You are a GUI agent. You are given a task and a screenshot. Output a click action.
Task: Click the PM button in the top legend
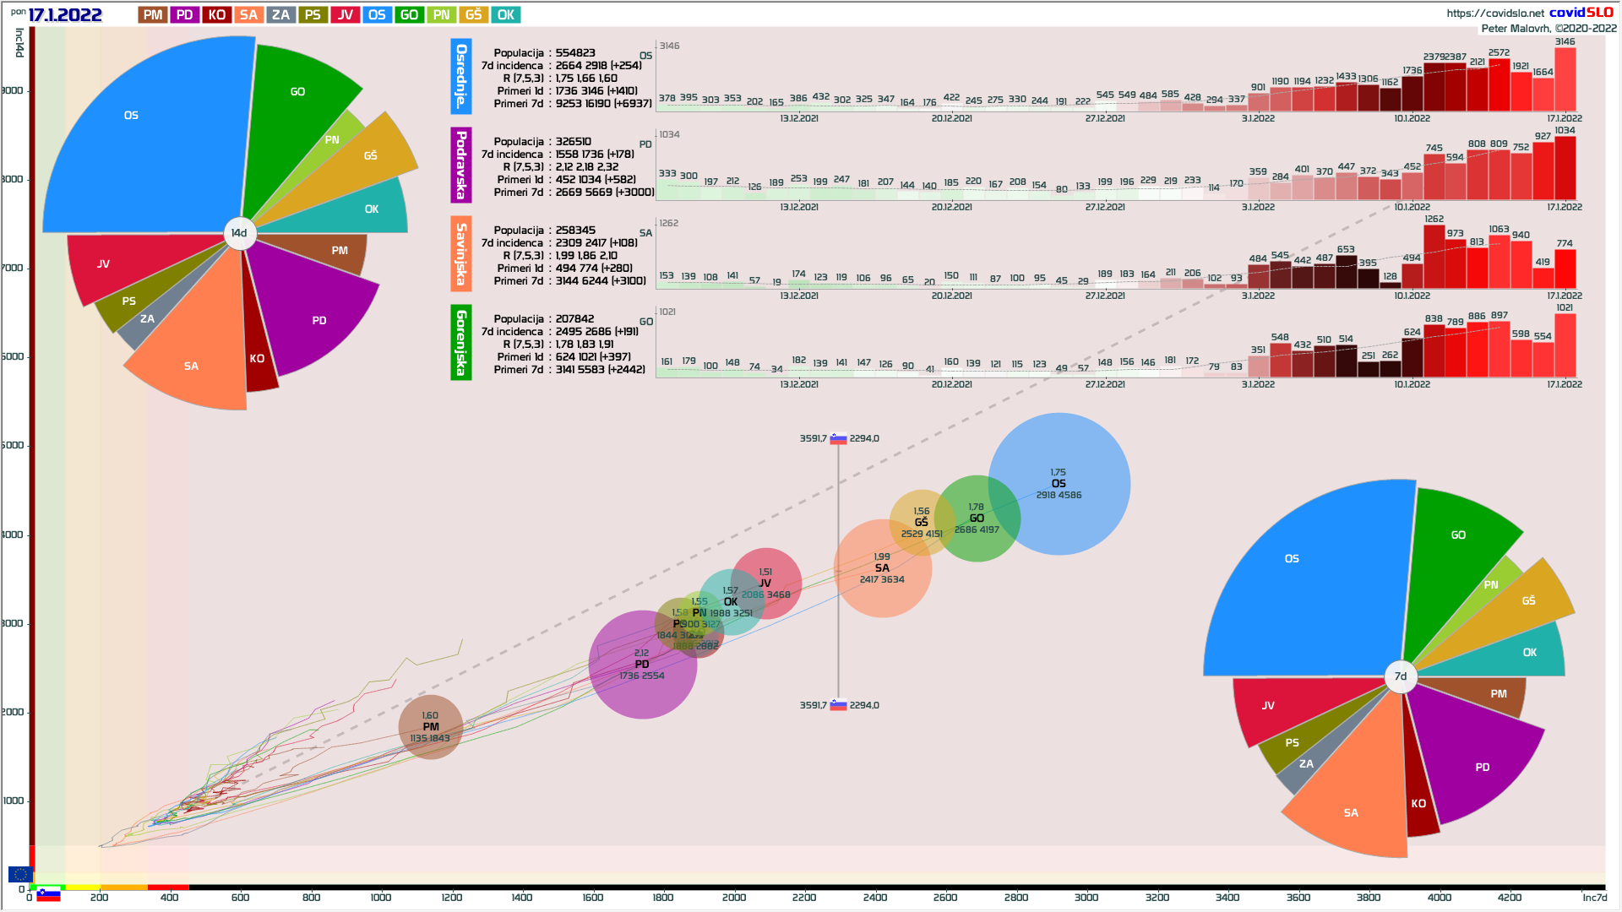(153, 14)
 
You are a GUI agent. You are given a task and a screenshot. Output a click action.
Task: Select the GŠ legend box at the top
(473, 14)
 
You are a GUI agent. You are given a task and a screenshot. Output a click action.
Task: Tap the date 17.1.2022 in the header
(65, 14)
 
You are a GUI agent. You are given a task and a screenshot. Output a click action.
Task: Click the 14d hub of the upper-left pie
(239, 233)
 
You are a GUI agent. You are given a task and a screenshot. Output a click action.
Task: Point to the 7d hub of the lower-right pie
(1401, 676)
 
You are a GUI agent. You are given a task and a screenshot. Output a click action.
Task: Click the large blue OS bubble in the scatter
(1059, 484)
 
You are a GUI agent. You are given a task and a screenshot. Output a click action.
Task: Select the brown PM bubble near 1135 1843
(431, 727)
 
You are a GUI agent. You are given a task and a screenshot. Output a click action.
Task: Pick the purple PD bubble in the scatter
(642, 665)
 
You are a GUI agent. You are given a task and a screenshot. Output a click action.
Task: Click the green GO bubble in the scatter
(977, 518)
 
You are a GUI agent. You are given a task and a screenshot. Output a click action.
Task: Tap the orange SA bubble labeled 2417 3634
(882, 568)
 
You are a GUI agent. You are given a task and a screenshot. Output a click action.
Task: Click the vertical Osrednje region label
(460, 76)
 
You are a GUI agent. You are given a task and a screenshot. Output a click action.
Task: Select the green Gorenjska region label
(460, 342)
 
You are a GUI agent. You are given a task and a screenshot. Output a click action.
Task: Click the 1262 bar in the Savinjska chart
(1434, 257)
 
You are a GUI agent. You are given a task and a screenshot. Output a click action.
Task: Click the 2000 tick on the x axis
(733, 897)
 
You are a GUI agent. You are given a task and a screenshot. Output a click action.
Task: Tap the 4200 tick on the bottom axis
(1510, 897)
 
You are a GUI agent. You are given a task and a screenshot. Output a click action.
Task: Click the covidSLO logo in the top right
(1581, 12)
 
